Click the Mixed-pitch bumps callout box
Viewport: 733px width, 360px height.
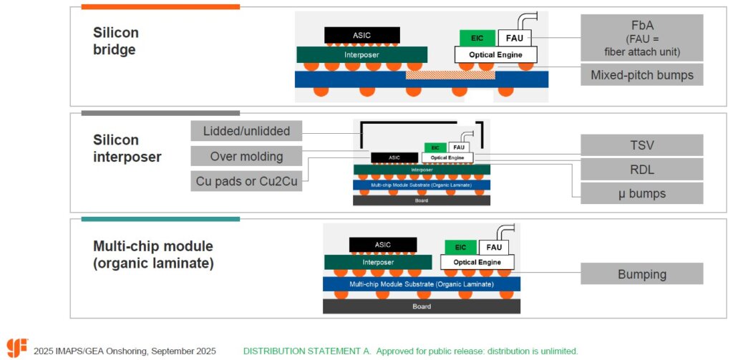click(x=642, y=74)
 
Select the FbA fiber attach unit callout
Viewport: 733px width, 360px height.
click(x=642, y=38)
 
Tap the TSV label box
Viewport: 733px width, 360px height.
click(x=642, y=145)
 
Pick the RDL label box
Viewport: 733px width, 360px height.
click(x=642, y=169)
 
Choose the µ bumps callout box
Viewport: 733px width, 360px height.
click(x=642, y=193)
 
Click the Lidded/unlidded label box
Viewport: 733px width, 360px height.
click(x=246, y=131)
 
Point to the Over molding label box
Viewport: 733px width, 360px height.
click(x=246, y=156)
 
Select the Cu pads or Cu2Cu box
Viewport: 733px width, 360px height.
click(x=246, y=181)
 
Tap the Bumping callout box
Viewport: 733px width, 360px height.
click(x=642, y=274)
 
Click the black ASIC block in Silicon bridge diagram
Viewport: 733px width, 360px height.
click(x=361, y=34)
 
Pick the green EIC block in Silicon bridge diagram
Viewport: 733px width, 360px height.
click(x=473, y=37)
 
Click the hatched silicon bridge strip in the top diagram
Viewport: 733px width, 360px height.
click(x=450, y=74)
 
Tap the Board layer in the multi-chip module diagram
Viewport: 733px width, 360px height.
click(x=421, y=306)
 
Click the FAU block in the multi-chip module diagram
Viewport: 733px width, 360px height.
click(x=494, y=247)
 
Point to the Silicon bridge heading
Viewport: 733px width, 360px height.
click(x=116, y=42)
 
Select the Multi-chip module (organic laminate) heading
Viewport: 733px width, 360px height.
click(x=153, y=255)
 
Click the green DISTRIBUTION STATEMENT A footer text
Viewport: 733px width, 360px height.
click(x=410, y=351)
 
